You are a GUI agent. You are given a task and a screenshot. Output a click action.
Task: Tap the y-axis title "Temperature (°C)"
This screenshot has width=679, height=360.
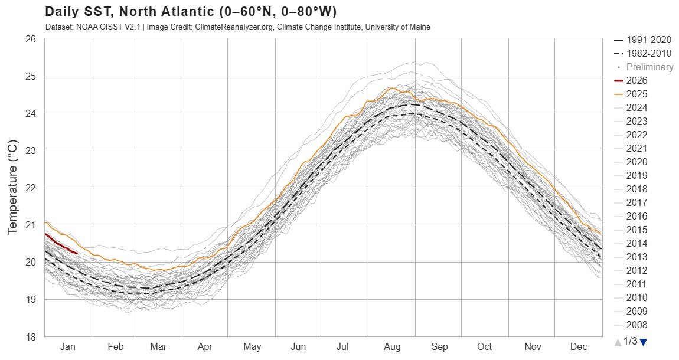coord(12,187)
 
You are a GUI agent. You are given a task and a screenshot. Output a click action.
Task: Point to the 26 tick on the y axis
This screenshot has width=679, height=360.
coord(31,39)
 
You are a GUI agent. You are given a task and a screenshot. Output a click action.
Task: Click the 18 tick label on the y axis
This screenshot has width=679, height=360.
coord(31,337)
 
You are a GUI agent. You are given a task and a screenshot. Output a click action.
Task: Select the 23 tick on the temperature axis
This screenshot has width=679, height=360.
coord(31,150)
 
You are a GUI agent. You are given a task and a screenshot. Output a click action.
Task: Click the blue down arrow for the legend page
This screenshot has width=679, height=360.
coord(643,342)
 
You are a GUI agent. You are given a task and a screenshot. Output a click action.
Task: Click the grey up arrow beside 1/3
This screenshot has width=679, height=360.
coord(617,342)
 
